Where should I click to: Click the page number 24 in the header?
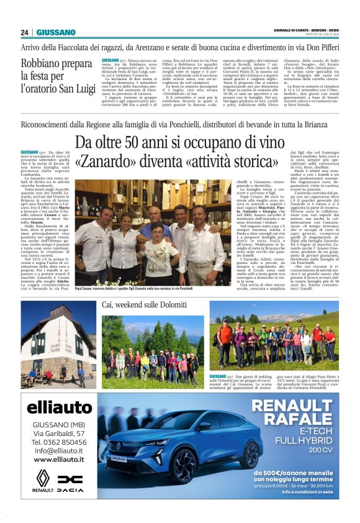[x=24, y=32]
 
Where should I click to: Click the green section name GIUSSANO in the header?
[x=56, y=32]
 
